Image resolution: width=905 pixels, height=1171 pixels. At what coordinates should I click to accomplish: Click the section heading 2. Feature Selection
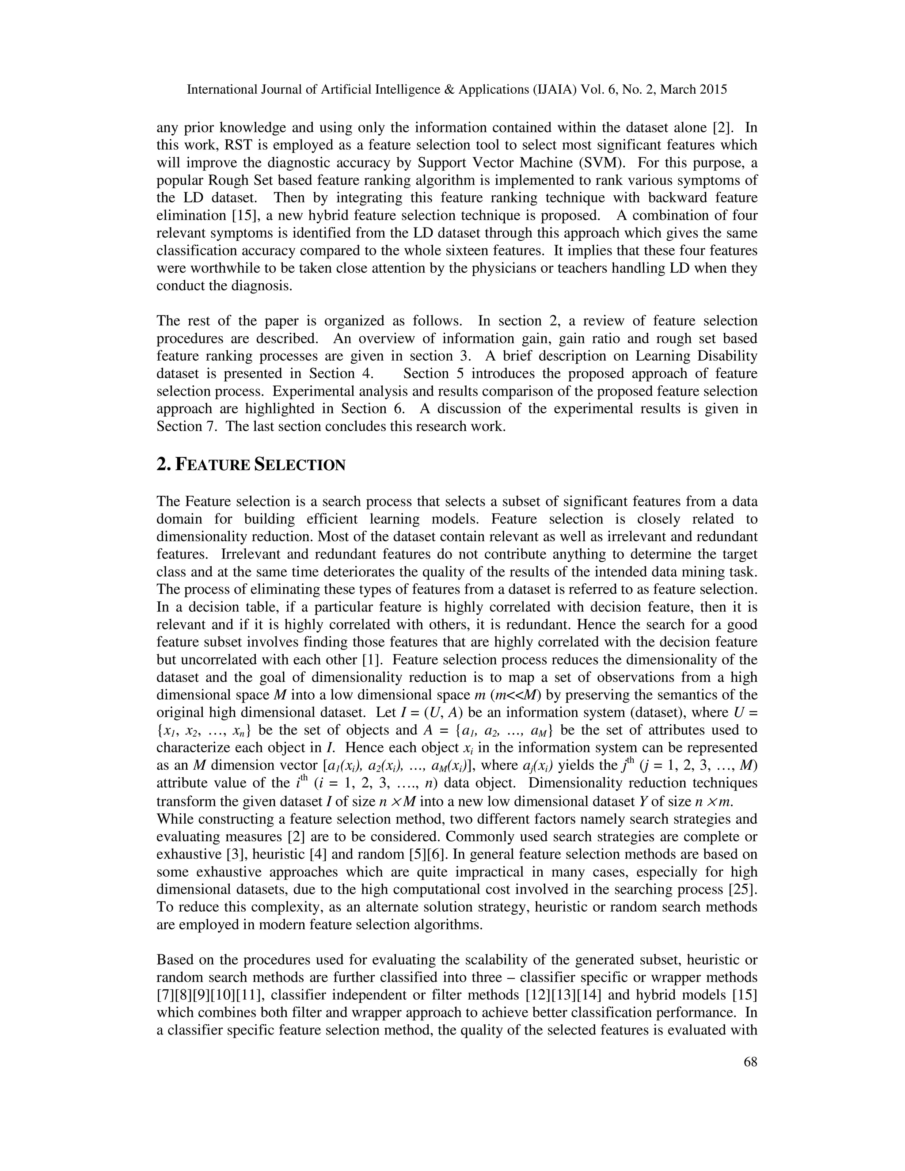point(251,464)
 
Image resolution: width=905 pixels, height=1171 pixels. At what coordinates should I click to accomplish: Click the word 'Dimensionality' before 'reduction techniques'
point(578,783)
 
